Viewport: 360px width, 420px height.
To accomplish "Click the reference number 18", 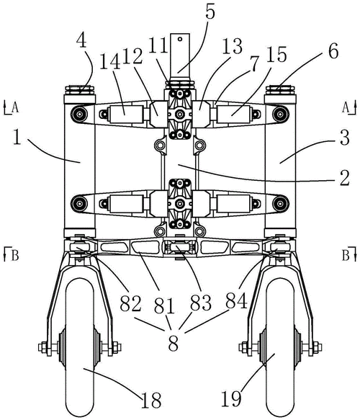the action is [x=151, y=400].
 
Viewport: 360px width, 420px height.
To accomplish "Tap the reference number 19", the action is [x=231, y=398].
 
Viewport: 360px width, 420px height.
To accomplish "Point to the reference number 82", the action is [x=130, y=303].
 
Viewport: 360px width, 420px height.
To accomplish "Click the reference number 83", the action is [x=201, y=303].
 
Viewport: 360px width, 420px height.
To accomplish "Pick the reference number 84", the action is [x=237, y=300].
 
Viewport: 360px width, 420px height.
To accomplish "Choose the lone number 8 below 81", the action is [x=174, y=344].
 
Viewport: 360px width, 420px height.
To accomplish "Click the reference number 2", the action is [x=345, y=178].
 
